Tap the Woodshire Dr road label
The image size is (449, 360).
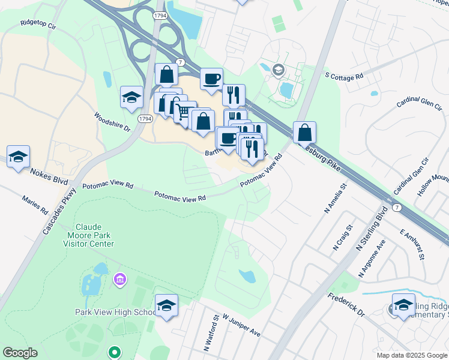112,122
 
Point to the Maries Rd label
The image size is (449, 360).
34,205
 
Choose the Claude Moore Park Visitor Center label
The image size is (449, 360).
89,235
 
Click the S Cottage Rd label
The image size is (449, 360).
344,76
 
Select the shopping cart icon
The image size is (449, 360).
185,111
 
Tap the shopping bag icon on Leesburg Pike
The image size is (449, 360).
304,132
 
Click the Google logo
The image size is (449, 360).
19,353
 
